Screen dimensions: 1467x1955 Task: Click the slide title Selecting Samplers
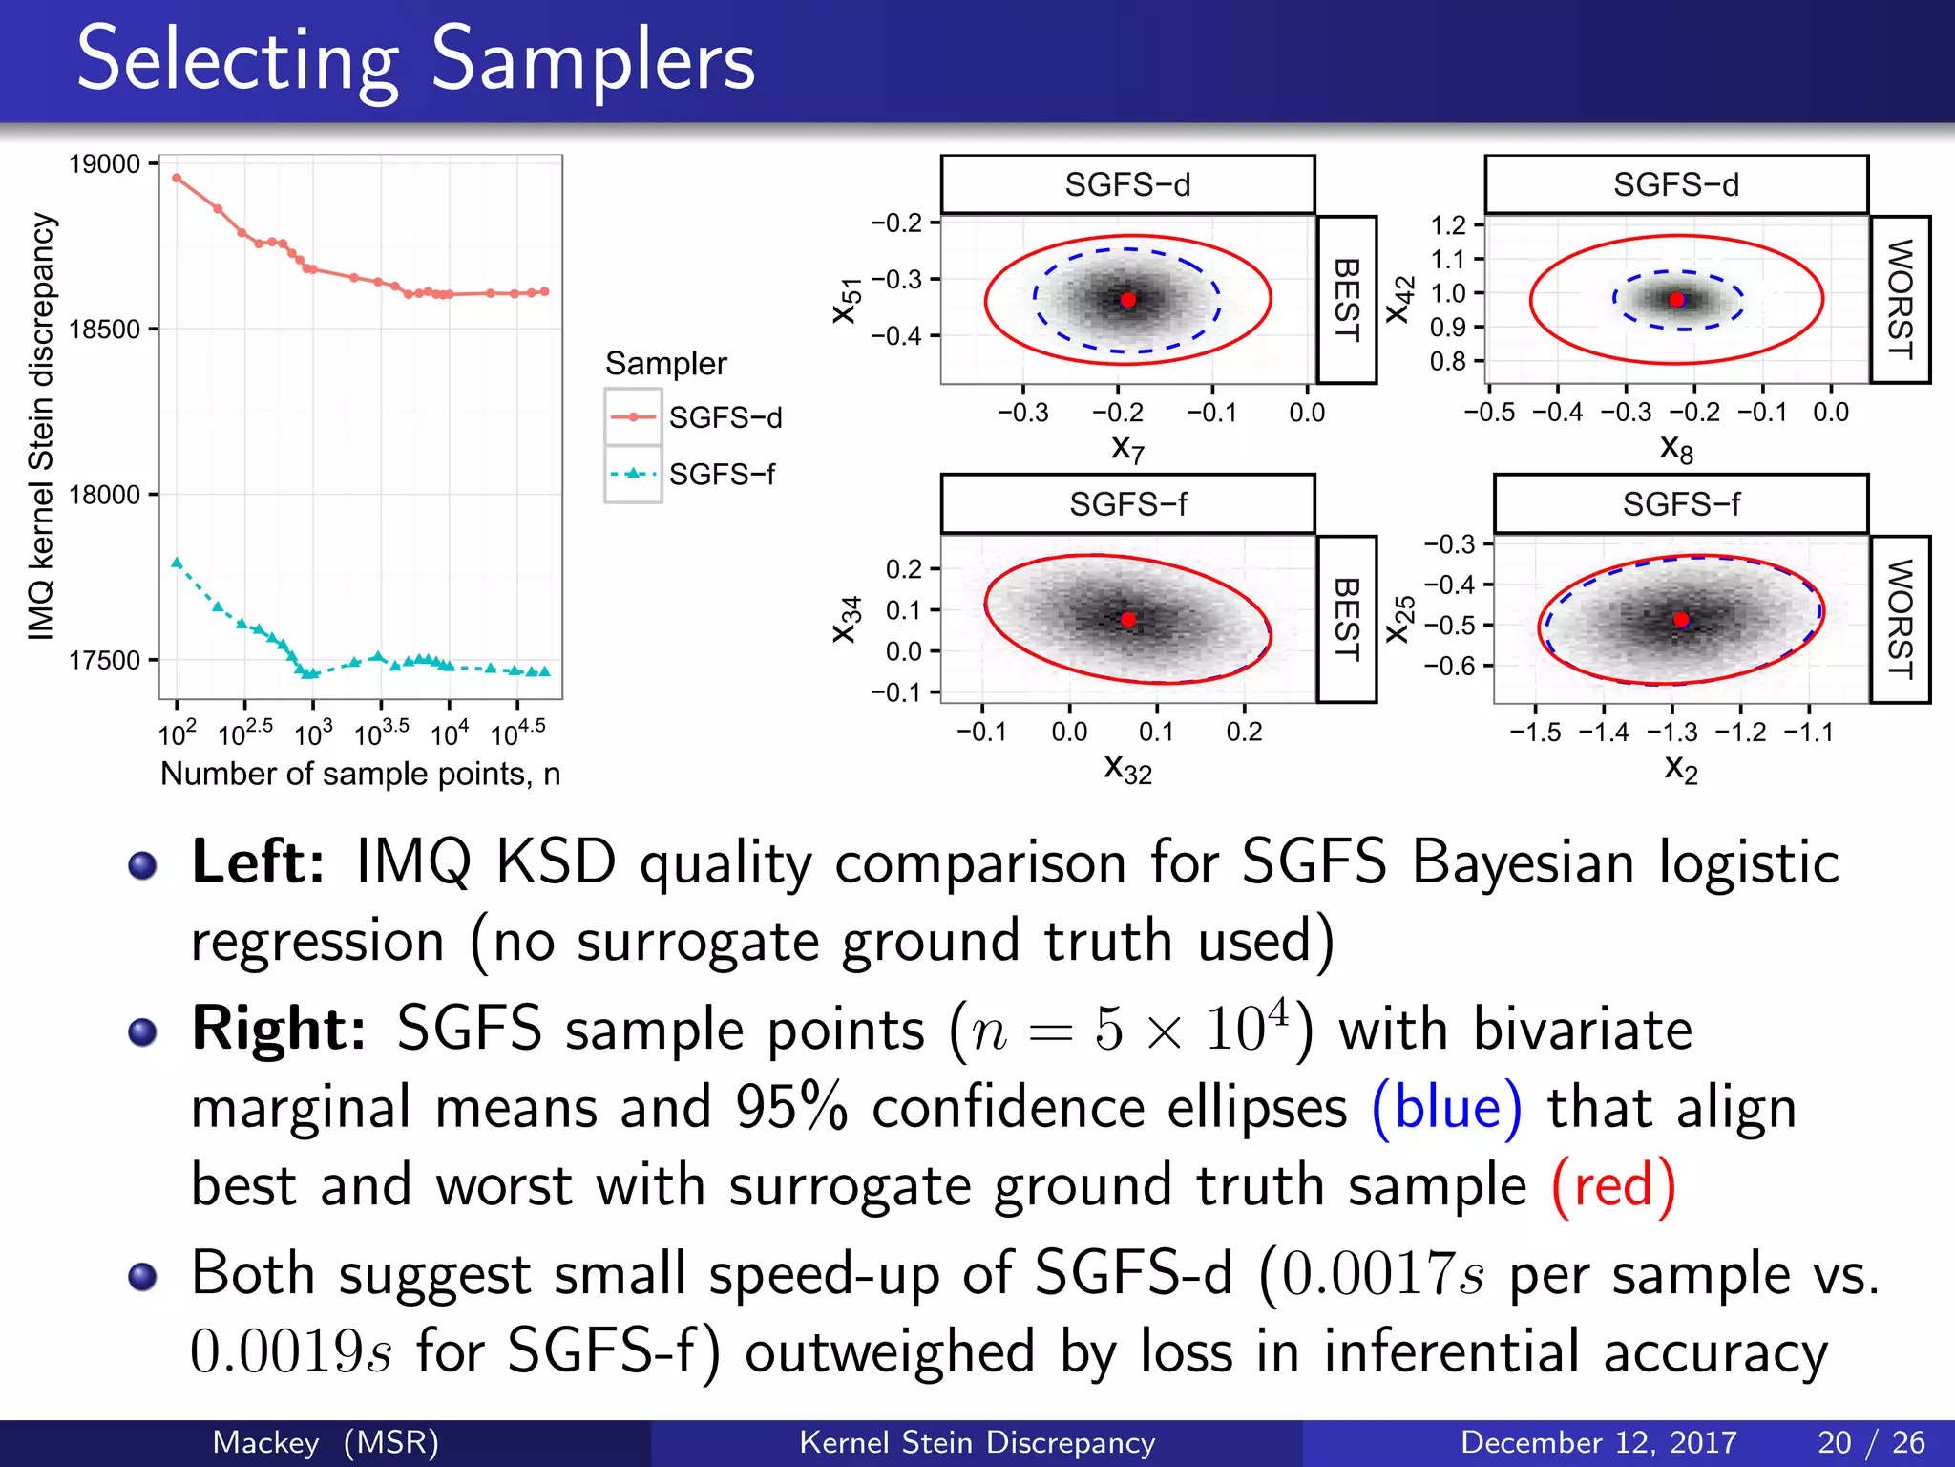pyautogui.click(x=415, y=60)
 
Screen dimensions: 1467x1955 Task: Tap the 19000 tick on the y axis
pyautogui.click(x=105, y=164)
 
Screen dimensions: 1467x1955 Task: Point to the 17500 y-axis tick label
pyautogui.click(x=105, y=660)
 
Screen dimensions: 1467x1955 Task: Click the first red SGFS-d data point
pyautogui.click(x=177, y=178)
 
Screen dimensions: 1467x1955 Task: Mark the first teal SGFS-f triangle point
pyautogui.click(x=177, y=563)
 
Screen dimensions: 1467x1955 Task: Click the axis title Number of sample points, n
pyautogui.click(x=360, y=774)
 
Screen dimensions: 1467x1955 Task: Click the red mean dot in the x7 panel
pyautogui.click(x=1128, y=300)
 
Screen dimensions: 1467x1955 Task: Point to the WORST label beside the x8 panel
pyautogui.click(x=1900, y=300)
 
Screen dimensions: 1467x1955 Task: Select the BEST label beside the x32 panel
pyautogui.click(x=1346, y=619)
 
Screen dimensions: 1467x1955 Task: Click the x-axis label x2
pyautogui.click(x=1680, y=768)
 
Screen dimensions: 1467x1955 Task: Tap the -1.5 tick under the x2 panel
pyautogui.click(x=1535, y=733)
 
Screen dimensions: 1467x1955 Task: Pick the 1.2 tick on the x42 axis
pyautogui.click(x=1448, y=225)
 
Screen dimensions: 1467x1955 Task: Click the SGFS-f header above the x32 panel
pyautogui.click(x=1127, y=503)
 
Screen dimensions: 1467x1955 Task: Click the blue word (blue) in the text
pyautogui.click(x=1446, y=1108)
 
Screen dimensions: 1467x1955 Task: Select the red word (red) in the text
pyautogui.click(x=1613, y=1186)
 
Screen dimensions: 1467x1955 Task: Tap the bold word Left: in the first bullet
pyautogui.click(x=259, y=862)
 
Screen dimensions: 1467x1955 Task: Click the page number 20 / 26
pyautogui.click(x=1871, y=1442)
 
